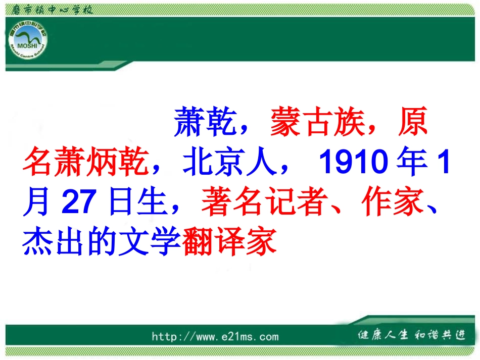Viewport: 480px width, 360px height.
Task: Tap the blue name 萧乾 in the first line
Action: pyautogui.click(x=206, y=123)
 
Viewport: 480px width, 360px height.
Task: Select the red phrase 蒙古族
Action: pyautogui.click(x=317, y=123)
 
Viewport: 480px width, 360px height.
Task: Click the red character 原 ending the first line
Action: pyautogui.click(x=412, y=123)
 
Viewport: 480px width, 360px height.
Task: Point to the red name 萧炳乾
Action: pyautogui.click(x=85, y=163)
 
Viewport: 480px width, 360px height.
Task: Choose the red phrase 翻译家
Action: pyautogui.click(x=229, y=242)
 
